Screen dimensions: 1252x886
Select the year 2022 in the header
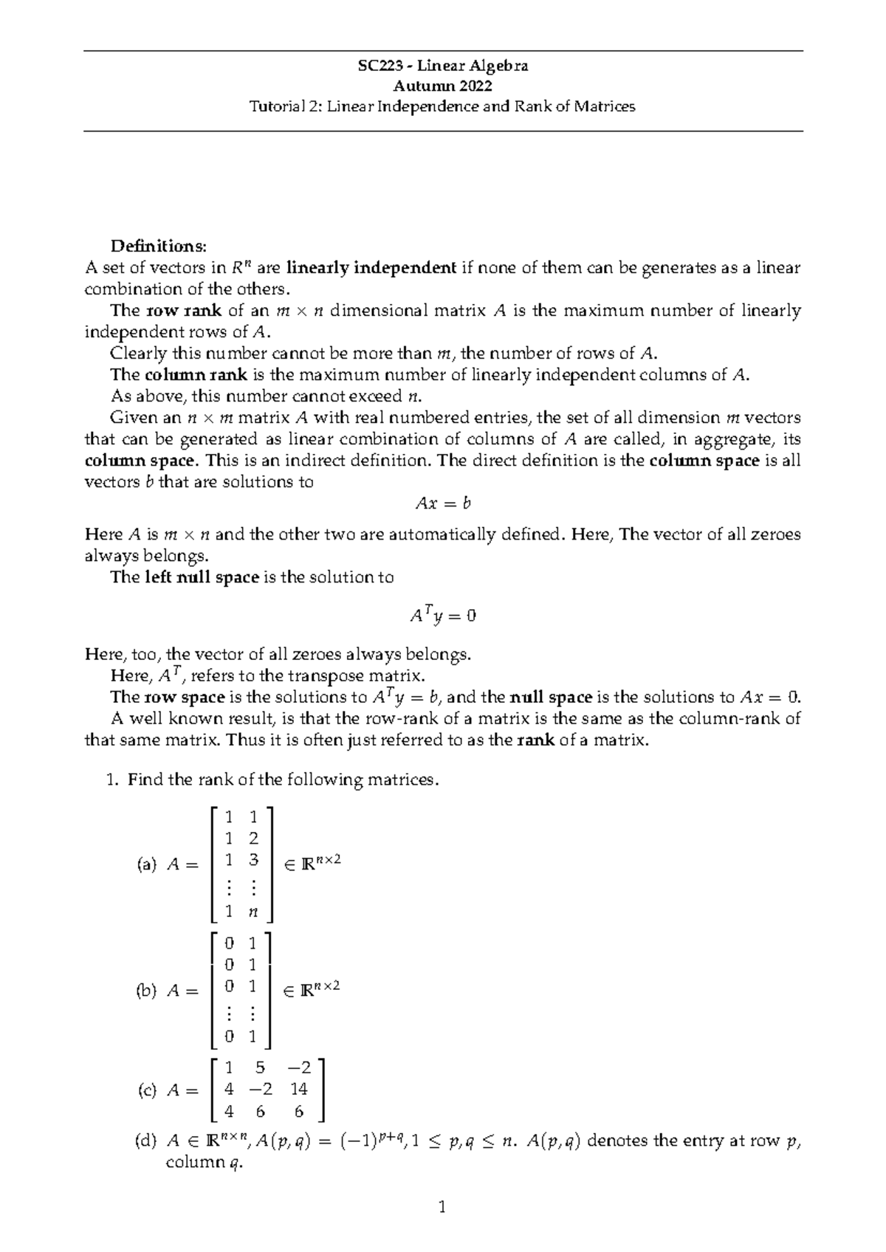pyautogui.click(x=473, y=86)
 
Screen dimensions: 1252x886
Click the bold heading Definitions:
pyautogui.click(x=159, y=246)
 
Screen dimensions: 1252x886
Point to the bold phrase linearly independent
pyautogui.click(x=371, y=267)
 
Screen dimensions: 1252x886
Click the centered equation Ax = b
pyautogui.click(x=443, y=504)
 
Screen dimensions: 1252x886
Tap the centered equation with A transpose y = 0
pyautogui.click(x=443, y=615)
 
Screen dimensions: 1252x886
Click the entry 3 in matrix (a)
pyautogui.click(x=253, y=859)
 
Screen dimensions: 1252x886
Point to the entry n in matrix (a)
pyautogui.click(x=253, y=912)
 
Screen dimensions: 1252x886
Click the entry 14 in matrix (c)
pyautogui.click(x=299, y=1089)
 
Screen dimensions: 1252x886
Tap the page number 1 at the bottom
pyautogui.click(x=443, y=1208)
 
